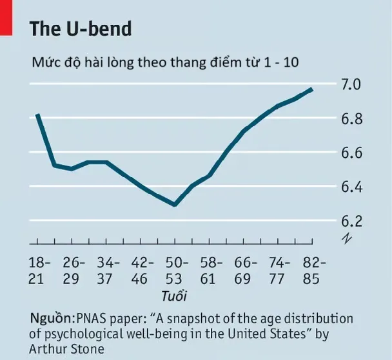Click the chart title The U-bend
click(x=81, y=29)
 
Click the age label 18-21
click(x=40, y=270)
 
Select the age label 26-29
click(x=75, y=270)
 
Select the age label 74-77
click(x=280, y=270)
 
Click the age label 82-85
click(x=314, y=270)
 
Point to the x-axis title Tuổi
click(x=175, y=296)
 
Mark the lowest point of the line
click(x=175, y=205)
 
